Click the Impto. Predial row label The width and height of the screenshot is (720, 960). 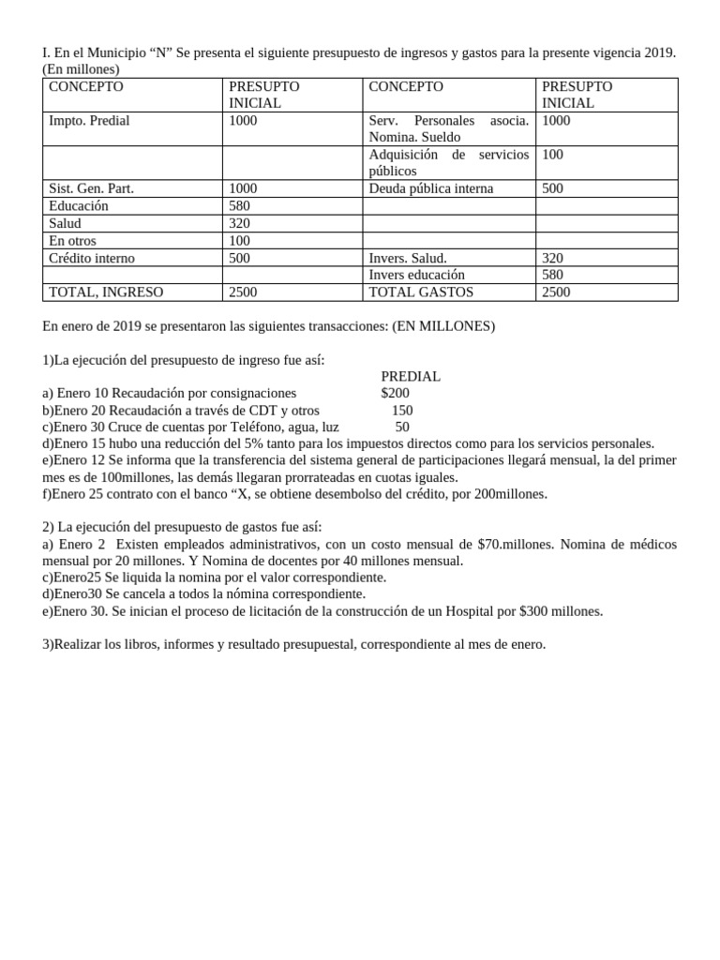coord(89,121)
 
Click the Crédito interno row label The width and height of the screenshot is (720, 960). coord(92,258)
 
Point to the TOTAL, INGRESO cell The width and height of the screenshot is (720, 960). coord(106,292)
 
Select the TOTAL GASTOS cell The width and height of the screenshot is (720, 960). coord(421,292)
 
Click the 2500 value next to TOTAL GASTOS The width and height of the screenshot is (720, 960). coord(556,292)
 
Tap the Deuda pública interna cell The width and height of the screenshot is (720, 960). coord(430,188)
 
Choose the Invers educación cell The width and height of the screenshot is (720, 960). coord(416,275)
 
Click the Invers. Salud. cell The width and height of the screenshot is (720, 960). coord(408,258)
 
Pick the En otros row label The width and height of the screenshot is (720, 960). coord(72,240)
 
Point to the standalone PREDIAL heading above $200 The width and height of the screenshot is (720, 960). coord(411,376)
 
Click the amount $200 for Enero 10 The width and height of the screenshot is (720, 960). coord(395,393)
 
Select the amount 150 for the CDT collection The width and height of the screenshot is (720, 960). coord(401,410)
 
